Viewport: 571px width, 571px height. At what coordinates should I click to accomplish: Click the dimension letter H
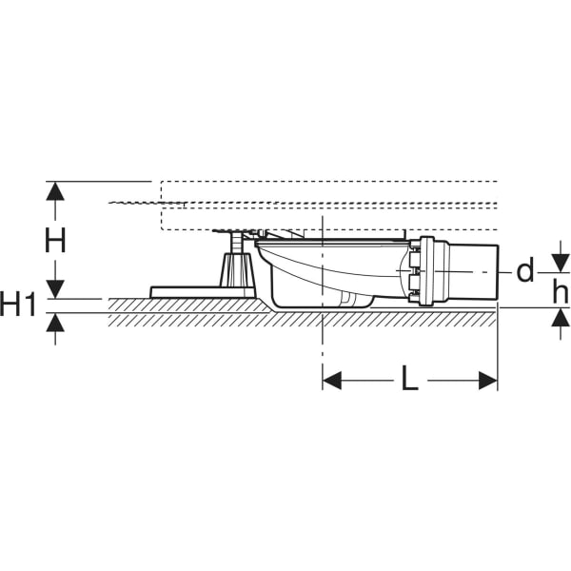pos(55,240)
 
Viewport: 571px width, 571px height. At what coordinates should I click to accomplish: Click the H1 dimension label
pos(19,305)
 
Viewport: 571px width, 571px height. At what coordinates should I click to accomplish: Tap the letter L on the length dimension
pos(409,379)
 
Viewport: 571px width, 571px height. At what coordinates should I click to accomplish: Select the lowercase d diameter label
pos(524,270)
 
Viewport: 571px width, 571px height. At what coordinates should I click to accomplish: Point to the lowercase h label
pos(560,292)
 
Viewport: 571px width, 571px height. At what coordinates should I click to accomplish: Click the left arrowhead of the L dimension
pos(332,381)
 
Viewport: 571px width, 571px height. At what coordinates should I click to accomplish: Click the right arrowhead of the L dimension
pos(488,381)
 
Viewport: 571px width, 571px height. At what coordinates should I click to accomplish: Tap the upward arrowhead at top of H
pos(55,191)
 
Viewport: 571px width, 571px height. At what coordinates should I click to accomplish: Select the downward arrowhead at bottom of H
pos(55,288)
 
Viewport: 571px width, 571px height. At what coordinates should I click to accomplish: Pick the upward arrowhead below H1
pos(55,323)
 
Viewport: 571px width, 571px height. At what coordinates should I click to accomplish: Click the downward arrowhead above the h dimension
pos(561,263)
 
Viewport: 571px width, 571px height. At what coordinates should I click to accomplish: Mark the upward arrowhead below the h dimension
pos(561,318)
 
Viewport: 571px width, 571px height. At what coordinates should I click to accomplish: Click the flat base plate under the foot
pos(204,292)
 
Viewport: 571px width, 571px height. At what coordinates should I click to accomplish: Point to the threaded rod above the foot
pos(235,243)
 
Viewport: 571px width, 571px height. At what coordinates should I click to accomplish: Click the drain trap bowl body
pos(327,272)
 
